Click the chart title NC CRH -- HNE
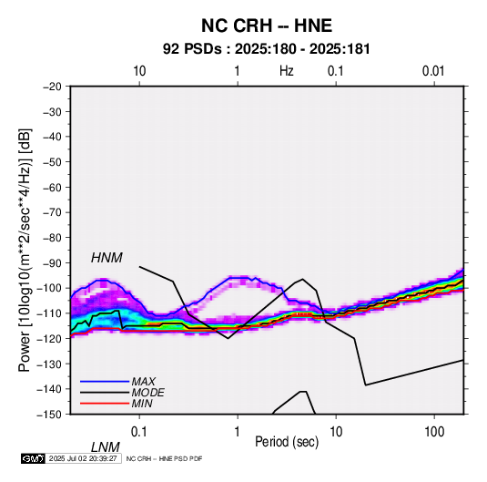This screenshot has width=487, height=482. (x=267, y=26)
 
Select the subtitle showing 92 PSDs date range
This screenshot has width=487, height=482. (x=267, y=49)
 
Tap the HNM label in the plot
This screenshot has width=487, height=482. (x=107, y=258)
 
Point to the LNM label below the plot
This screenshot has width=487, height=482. (x=106, y=447)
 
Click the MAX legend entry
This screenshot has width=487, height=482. (x=144, y=381)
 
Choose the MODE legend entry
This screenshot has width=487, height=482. (x=147, y=393)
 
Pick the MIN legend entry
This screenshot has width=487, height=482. (x=142, y=404)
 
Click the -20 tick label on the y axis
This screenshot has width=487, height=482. (x=52, y=87)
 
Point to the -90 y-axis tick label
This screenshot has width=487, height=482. (x=52, y=262)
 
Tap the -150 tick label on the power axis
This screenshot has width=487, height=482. (x=49, y=415)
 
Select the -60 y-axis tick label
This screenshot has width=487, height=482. (x=52, y=187)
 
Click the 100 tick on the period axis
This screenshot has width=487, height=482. (x=434, y=432)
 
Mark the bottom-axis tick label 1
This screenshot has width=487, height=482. (x=238, y=432)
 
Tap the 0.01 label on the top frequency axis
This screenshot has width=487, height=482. (x=433, y=71)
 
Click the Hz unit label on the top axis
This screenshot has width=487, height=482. (x=287, y=71)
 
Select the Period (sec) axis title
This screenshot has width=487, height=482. (x=287, y=442)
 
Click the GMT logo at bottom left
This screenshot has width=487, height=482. (x=33, y=458)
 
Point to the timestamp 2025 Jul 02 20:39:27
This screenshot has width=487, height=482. (x=83, y=458)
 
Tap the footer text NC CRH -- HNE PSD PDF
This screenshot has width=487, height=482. (x=164, y=458)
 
